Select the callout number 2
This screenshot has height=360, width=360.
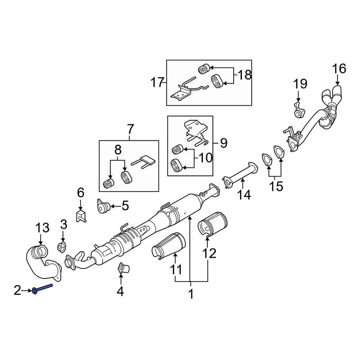(18, 290)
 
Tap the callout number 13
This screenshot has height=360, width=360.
(42, 228)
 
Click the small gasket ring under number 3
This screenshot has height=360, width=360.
(62, 247)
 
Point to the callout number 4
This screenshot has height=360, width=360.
(120, 291)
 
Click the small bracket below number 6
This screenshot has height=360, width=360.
(81, 216)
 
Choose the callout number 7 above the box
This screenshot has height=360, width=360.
(130, 129)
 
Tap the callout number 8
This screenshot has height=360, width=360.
(118, 150)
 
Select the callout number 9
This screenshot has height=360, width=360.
(223, 143)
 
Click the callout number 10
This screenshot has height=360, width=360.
(205, 158)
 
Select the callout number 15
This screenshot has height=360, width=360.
(277, 186)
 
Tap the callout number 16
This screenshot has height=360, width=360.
(339, 69)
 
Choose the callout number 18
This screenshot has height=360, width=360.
(244, 75)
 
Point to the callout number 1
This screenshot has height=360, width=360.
(191, 294)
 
